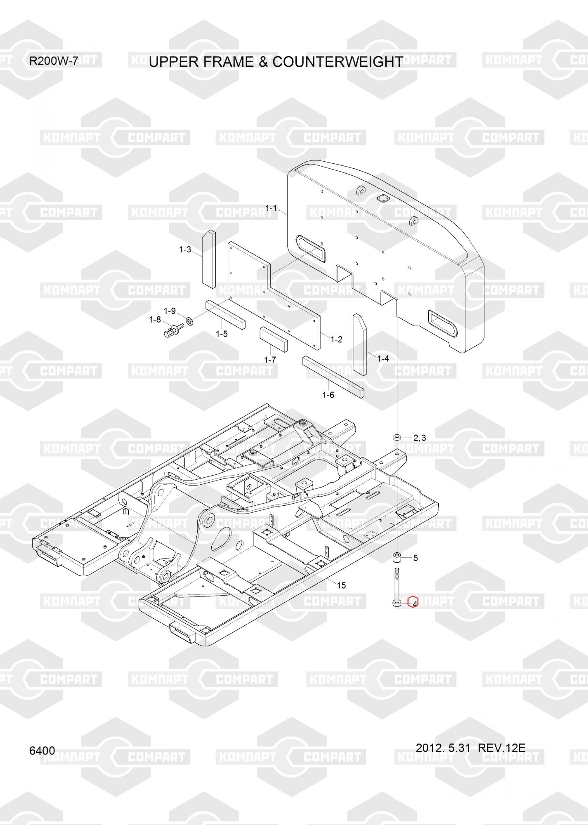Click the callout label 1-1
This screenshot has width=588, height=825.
[x=271, y=208]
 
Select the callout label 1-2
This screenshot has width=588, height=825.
[x=336, y=339]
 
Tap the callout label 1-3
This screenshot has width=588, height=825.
[x=185, y=250]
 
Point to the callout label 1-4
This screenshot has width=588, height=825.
[x=383, y=358]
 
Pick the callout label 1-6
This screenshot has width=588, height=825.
[x=328, y=395]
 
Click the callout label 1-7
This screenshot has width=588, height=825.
[x=270, y=360]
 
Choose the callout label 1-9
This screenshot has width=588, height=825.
[x=170, y=311]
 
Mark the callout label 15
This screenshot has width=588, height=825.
[x=341, y=585]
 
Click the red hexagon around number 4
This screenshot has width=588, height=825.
[x=413, y=602]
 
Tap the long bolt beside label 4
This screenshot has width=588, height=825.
[x=397, y=587]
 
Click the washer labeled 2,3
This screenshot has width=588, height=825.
[x=397, y=437]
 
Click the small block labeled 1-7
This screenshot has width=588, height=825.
[x=274, y=339]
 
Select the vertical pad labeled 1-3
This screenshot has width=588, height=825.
[x=208, y=259]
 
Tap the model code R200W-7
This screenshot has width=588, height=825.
[x=54, y=61]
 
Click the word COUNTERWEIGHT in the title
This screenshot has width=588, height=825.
[x=338, y=61]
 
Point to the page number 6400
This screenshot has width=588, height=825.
[x=42, y=750]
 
